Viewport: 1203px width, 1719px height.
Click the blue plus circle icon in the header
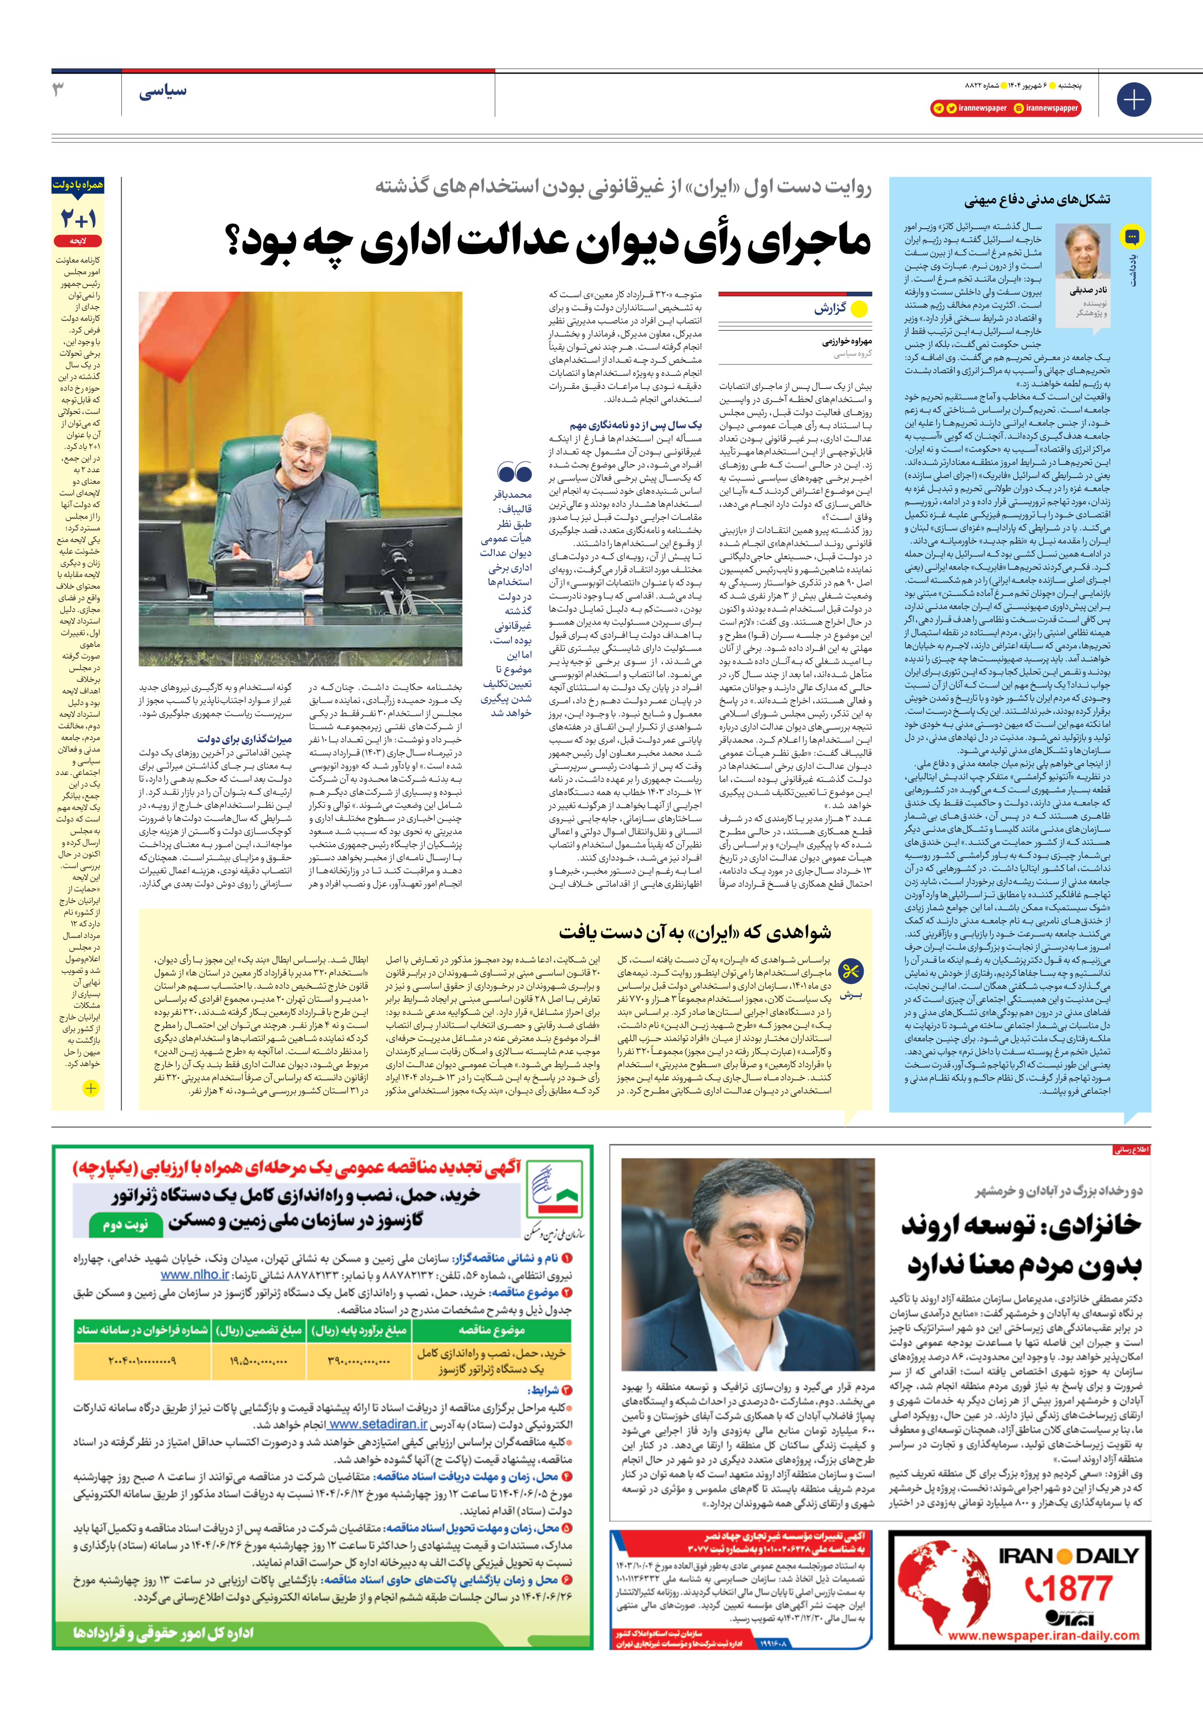1133,100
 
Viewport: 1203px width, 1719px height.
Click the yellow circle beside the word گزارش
859,309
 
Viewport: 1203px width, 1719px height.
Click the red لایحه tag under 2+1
78,241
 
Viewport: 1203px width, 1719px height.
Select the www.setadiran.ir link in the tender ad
378,1424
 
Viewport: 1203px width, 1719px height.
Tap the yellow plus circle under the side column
90,1088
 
